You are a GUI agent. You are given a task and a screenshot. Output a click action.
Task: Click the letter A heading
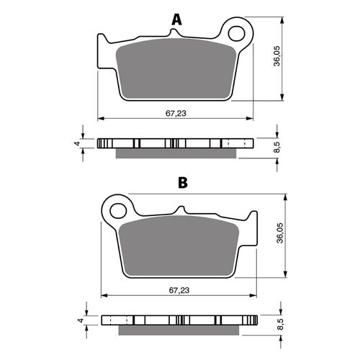pos(175,19)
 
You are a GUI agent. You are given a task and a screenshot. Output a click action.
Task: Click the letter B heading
pos(183,183)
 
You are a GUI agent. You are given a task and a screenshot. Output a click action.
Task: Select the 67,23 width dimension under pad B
pos(179,289)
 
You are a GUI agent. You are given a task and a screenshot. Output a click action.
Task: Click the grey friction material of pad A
pos(176,72)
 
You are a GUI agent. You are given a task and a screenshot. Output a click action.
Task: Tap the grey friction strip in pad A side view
pos(176,152)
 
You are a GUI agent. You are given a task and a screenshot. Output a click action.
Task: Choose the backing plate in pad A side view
pos(176,143)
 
